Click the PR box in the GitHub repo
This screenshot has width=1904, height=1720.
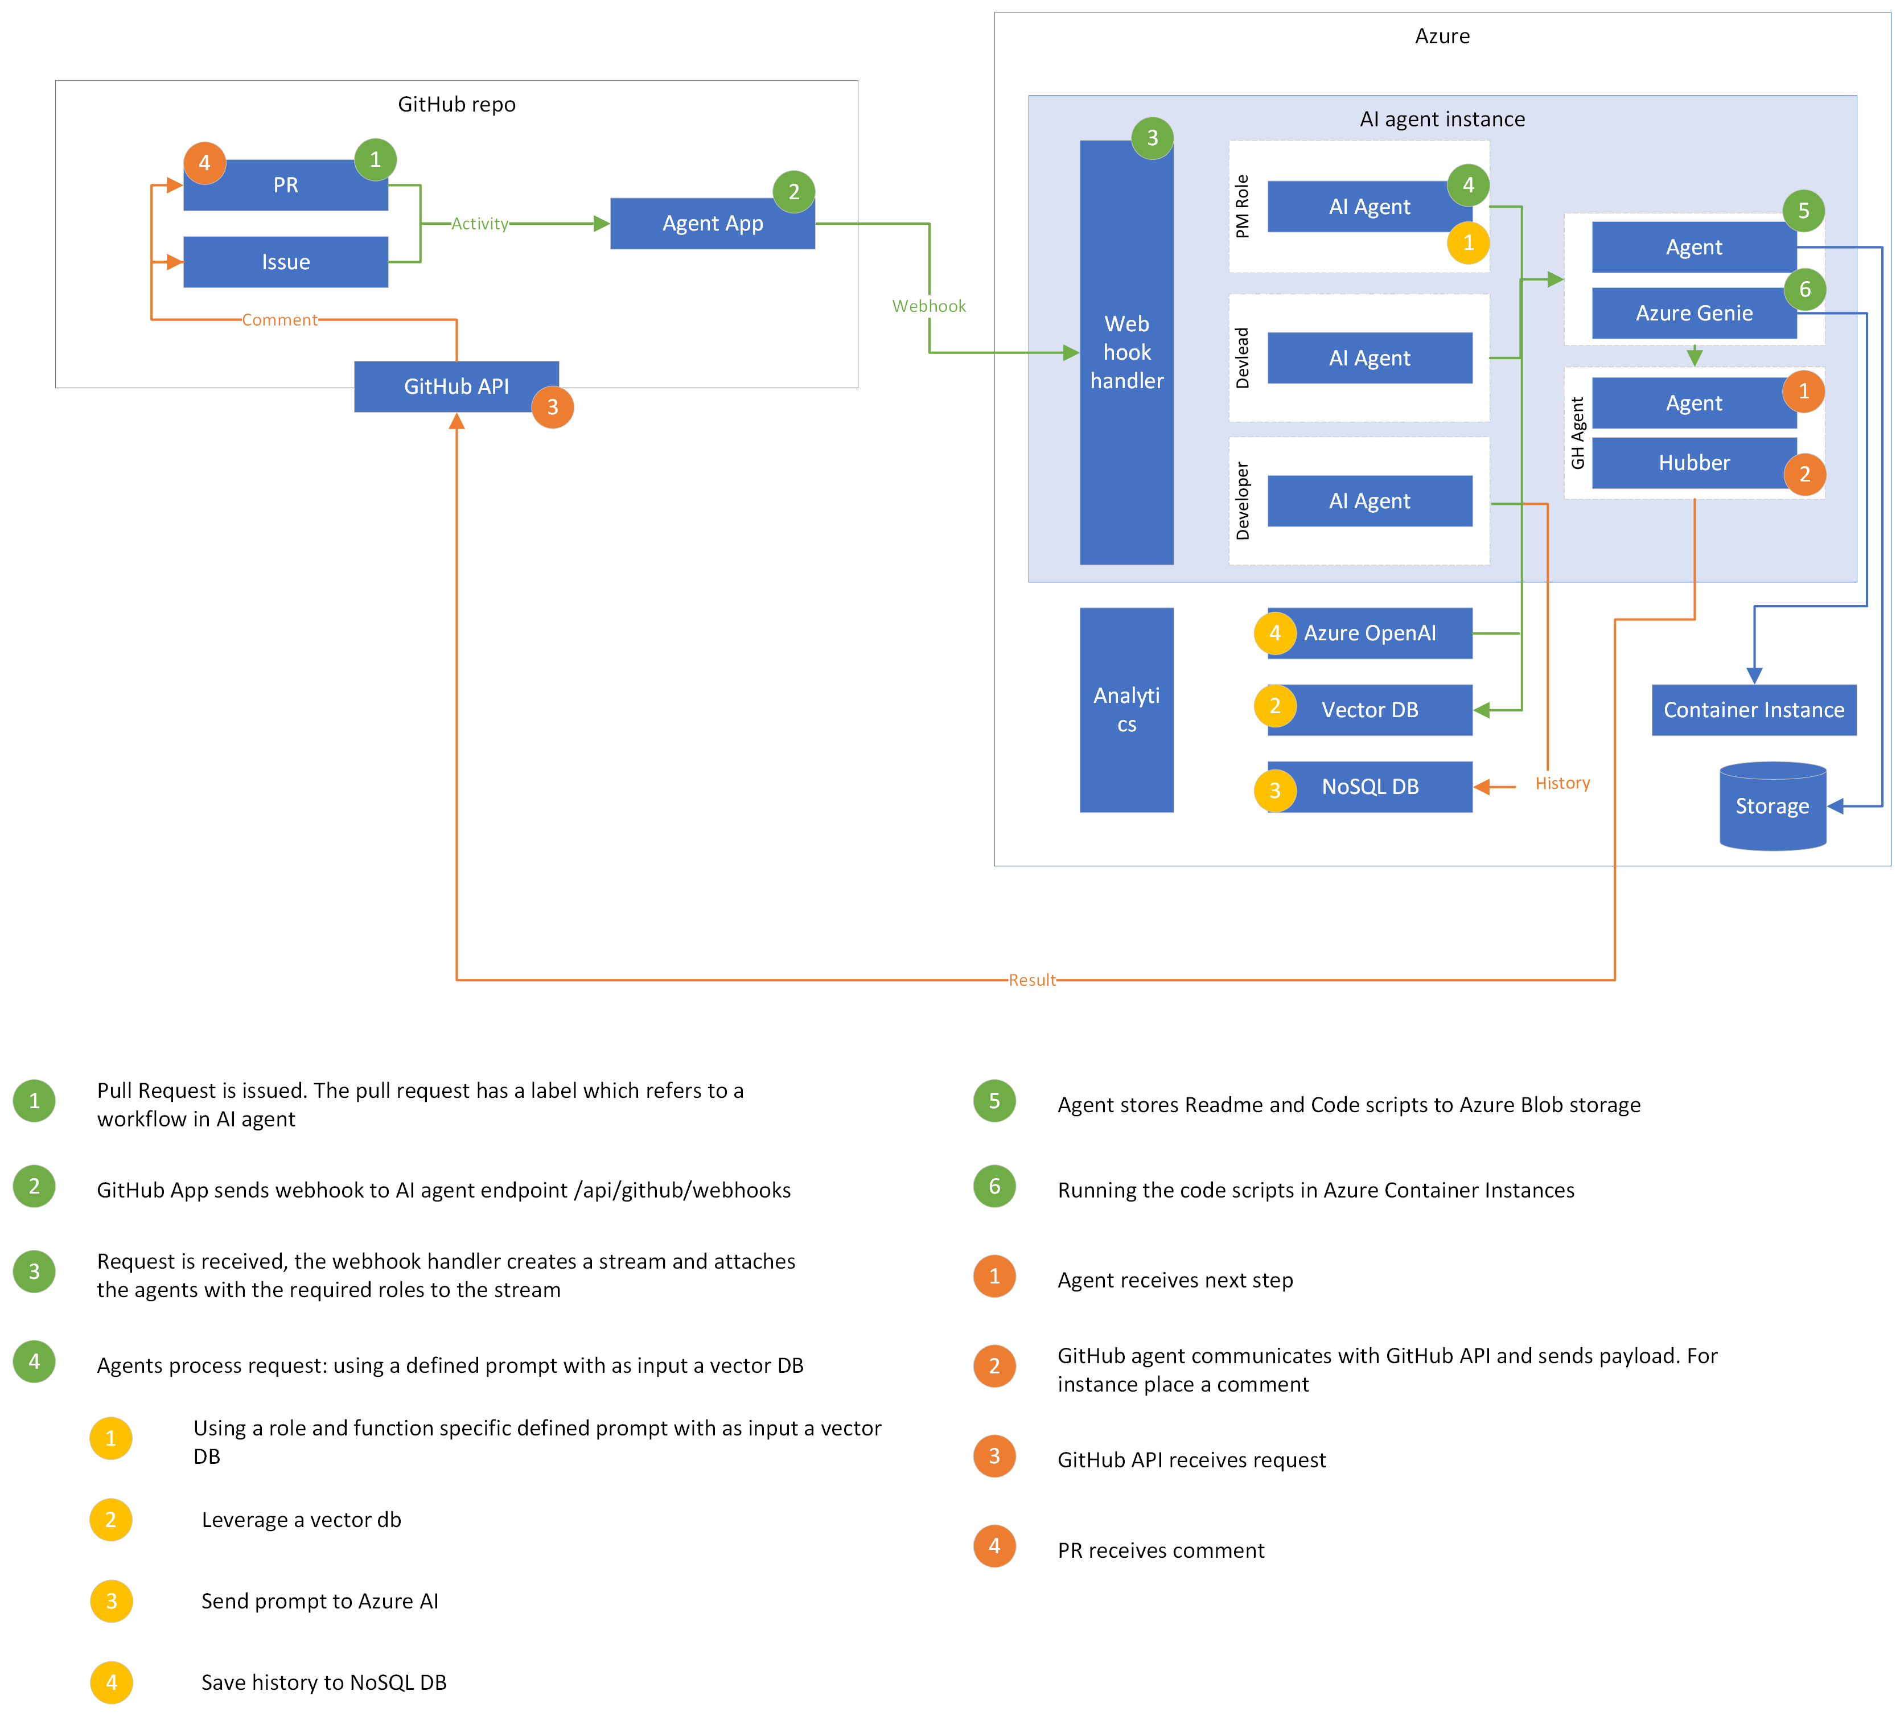pos(285,185)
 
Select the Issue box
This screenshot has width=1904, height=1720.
pos(285,262)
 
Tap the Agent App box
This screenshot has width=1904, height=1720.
pos(712,224)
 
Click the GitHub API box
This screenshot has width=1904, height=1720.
pos(456,386)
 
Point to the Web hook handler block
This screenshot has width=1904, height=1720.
pos(1126,352)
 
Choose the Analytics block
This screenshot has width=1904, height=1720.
pos(1126,709)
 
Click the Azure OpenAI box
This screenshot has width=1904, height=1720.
pos(1370,633)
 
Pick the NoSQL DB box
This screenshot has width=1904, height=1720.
pos(1370,787)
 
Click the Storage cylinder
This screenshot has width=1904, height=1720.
pos(1772,806)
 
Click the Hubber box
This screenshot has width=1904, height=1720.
pos(1693,463)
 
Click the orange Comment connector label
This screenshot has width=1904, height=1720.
pos(279,320)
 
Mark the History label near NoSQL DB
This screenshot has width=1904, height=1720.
pos(1562,783)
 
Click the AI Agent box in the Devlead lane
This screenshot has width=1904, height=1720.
pos(1370,358)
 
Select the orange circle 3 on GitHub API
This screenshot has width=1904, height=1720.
pos(553,407)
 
